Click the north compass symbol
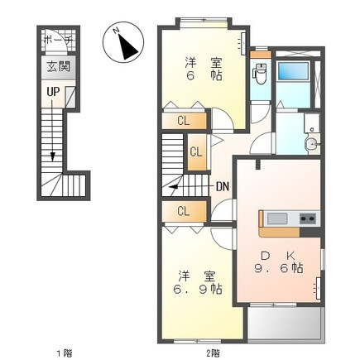[x=123, y=42]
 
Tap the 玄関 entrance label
[x=58, y=67]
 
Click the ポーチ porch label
[x=58, y=41]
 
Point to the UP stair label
[x=53, y=92]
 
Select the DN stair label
[x=223, y=187]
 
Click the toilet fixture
[x=259, y=74]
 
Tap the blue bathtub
[x=293, y=71]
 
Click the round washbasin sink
[x=312, y=143]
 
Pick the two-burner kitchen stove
[x=308, y=219]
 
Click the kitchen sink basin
[x=277, y=219]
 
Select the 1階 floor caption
[x=65, y=353]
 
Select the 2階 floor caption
[x=213, y=353]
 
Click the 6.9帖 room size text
[x=197, y=290]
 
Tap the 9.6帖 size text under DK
[x=279, y=267]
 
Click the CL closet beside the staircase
[x=197, y=152]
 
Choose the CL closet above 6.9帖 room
[x=184, y=212]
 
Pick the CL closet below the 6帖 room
[x=184, y=121]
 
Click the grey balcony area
[x=285, y=324]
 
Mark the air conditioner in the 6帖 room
[x=242, y=43]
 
